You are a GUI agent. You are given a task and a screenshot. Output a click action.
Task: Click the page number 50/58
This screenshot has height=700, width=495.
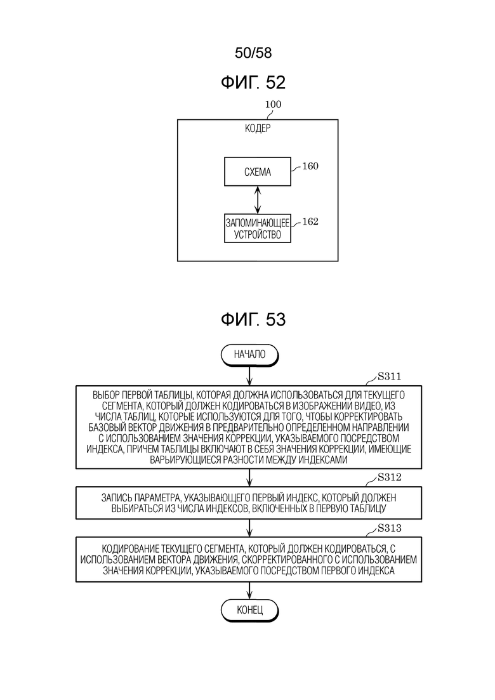click(x=253, y=53)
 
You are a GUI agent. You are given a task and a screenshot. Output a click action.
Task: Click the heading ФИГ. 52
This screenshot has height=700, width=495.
click(x=253, y=83)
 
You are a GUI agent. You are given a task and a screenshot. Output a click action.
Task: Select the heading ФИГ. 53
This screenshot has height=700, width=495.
click(x=253, y=320)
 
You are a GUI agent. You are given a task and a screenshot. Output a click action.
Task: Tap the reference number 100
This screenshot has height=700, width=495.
click(x=273, y=105)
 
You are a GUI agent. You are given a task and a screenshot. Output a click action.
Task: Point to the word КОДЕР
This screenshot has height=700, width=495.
click(x=258, y=129)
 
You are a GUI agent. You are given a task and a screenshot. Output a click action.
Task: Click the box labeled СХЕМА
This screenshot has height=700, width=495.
click(x=258, y=171)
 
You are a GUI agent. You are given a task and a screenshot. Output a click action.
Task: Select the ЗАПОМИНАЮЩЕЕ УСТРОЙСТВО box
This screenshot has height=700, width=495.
click(x=258, y=228)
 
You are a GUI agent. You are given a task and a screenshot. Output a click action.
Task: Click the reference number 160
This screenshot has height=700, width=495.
click(x=310, y=166)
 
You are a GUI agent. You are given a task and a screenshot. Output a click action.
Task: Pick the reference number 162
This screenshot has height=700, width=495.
click(x=310, y=222)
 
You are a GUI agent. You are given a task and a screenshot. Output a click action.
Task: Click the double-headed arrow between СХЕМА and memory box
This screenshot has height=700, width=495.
click(x=257, y=200)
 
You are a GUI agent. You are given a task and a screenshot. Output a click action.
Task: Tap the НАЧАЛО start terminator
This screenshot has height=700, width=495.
click(x=249, y=355)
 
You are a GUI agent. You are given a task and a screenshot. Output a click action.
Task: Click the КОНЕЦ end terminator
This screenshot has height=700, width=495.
click(x=249, y=611)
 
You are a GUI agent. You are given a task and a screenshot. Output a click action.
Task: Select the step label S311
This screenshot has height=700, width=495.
click(x=389, y=376)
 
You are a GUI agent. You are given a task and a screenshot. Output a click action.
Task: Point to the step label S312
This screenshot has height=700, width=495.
click(x=389, y=477)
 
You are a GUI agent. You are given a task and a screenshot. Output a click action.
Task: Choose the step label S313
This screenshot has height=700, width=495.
click(x=389, y=528)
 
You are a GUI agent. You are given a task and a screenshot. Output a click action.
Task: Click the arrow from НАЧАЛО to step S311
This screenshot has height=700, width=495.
click(x=249, y=376)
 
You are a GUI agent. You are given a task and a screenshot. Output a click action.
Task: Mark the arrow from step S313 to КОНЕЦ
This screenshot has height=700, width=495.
click(x=249, y=591)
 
